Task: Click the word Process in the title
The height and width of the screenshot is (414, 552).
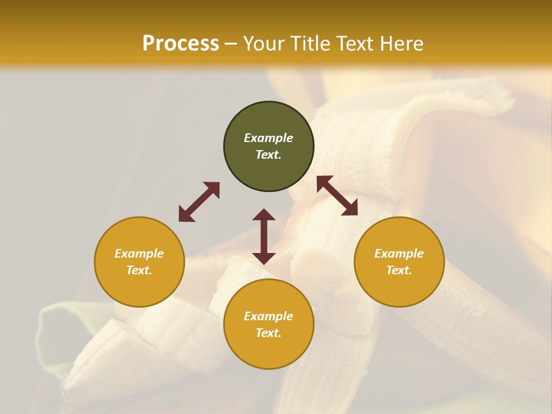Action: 181,44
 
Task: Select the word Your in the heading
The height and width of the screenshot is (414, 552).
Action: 264,44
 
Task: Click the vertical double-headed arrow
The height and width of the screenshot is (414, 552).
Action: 264,236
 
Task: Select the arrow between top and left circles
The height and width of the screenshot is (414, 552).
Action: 199,202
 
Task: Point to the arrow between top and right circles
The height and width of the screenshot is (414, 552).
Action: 338,195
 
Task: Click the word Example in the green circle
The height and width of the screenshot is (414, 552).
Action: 269,138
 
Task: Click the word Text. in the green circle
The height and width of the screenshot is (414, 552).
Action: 269,155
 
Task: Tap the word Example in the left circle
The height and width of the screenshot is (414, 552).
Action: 139,254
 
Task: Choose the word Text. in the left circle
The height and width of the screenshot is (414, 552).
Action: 139,270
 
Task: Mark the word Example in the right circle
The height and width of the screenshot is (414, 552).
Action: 399,254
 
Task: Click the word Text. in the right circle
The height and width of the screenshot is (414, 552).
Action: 399,270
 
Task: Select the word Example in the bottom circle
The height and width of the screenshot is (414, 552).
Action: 269,316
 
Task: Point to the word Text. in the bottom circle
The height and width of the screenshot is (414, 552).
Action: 269,333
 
